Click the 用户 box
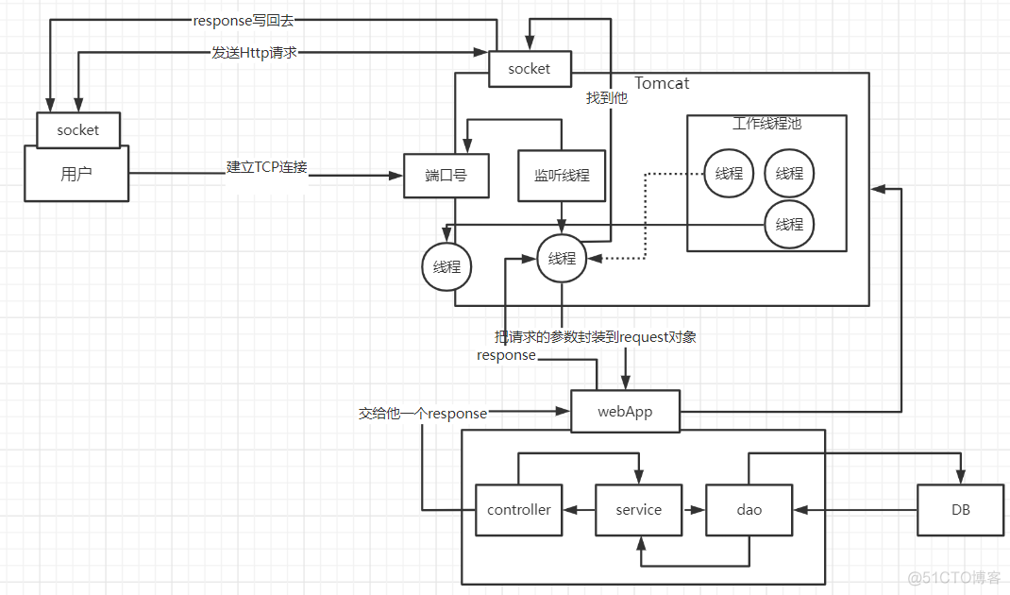tap(76, 174)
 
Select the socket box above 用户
tap(77, 130)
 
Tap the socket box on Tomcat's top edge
tap(529, 69)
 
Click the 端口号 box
tap(446, 175)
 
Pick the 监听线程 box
tap(562, 175)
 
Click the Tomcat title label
tap(662, 83)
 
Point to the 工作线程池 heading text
tap(766, 124)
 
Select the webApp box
tap(625, 413)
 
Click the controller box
tap(518, 510)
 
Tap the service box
tap(638, 510)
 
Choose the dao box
tap(749, 510)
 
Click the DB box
tap(960, 510)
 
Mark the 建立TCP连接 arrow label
tap(266, 167)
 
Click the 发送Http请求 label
tap(254, 53)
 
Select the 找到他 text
tap(606, 97)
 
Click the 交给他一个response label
tap(423, 413)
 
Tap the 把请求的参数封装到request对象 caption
tap(596, 336)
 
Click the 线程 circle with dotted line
tap(729, 174)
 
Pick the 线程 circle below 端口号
tap(446, 267)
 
